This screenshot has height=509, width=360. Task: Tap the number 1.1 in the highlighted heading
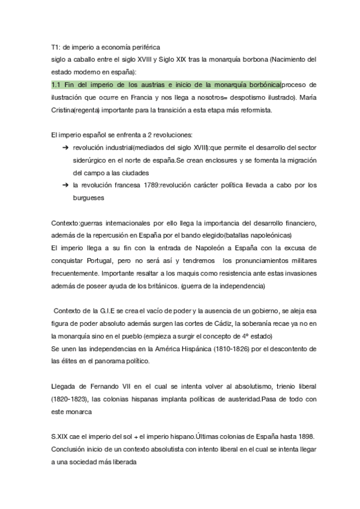[58, 84]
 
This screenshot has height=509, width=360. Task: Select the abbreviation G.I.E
[98, 312]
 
